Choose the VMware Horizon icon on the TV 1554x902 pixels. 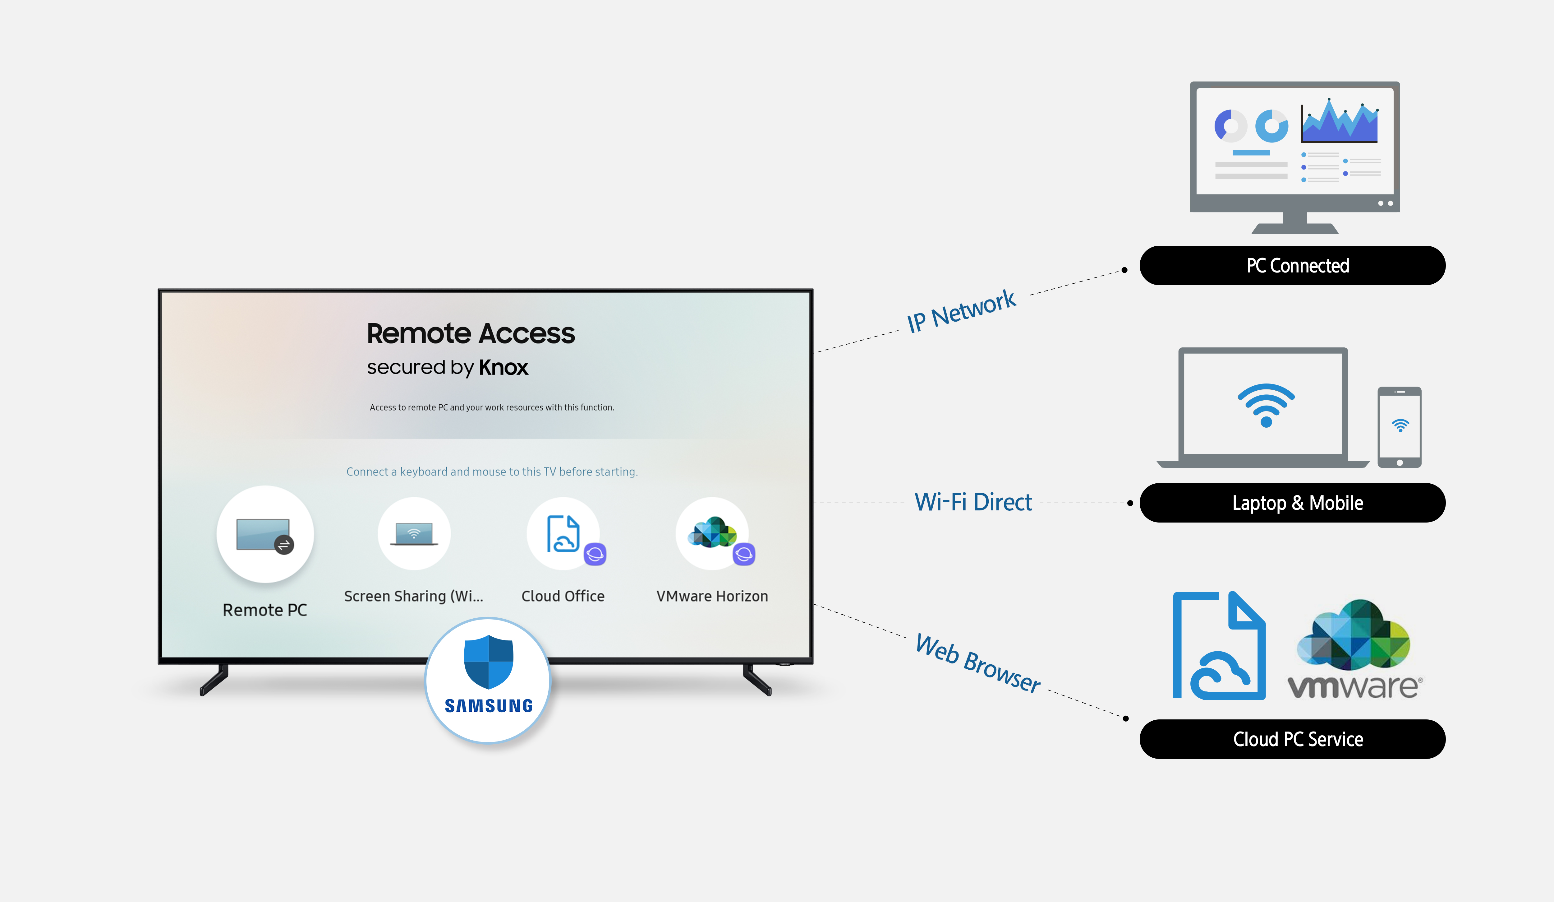click(712, 533)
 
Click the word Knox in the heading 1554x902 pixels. click(503, 368)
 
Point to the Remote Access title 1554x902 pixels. click(471, 334)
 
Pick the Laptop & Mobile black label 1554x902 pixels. click(1292, 503)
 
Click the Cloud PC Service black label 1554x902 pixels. click(1292, 739)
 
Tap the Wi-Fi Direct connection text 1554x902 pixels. click(972, 502)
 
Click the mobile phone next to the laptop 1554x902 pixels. click(1399, 427)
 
